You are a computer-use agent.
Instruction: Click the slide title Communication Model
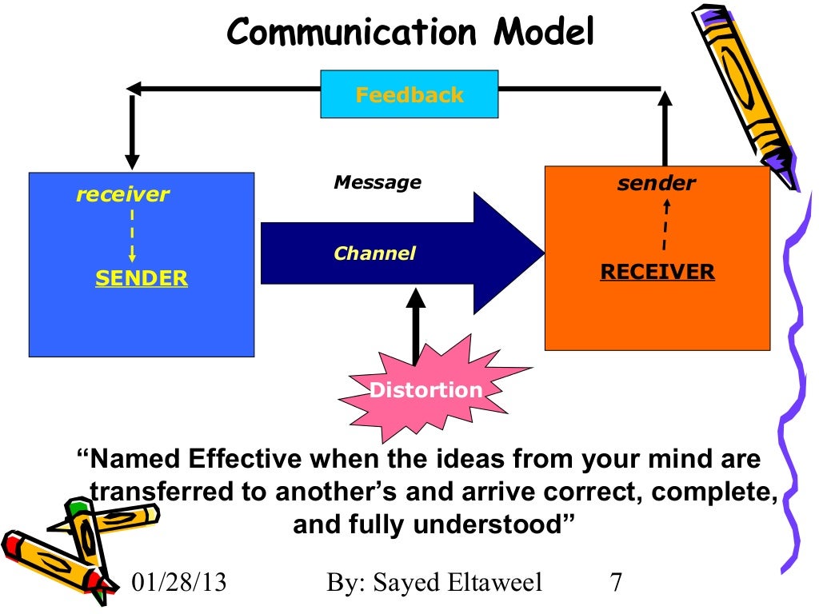(x=410, y=33)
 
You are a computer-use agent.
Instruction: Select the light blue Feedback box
(x=409, y=94)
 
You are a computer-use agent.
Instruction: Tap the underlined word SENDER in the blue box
(x=142, y=278)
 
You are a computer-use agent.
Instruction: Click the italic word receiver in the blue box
(x=122, y=194)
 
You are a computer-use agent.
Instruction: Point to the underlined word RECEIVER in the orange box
(x=657, y=272)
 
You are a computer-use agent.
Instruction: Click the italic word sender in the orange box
(x=656, y=183)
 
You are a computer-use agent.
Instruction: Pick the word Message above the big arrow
(x=377, y=182)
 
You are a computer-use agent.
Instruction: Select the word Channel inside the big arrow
(x=374, y=254)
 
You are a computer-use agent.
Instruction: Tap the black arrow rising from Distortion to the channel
(x=415, y=328)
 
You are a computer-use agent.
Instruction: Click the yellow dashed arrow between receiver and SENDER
(x=131, y=236)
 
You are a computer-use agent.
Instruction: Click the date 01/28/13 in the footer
(x=178, y=582)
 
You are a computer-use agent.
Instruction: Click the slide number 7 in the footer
(x=616, y=582)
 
